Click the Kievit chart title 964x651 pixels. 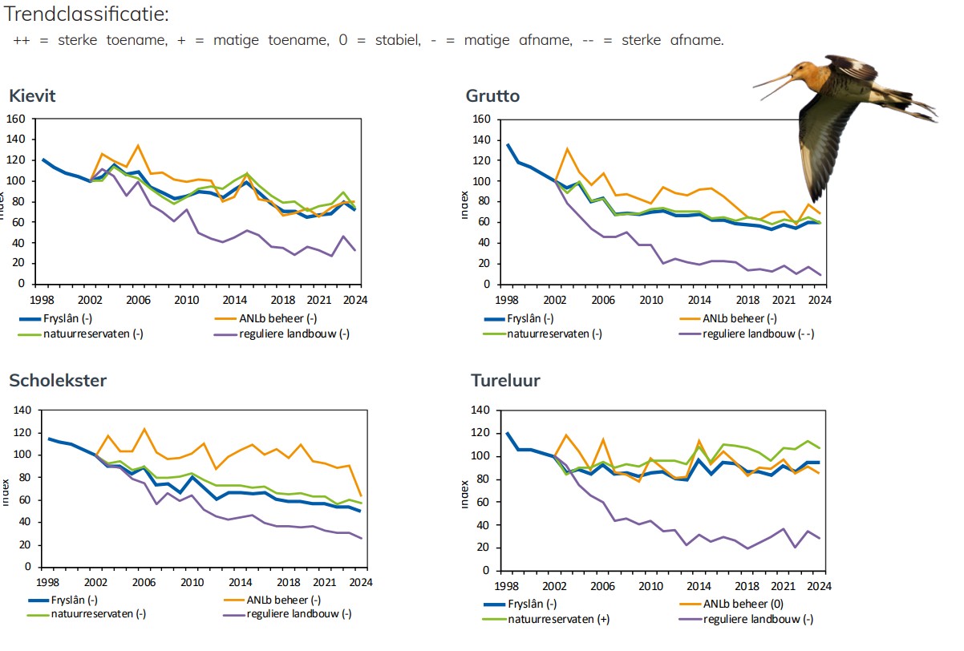tap(32, 96)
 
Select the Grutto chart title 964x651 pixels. tap(492, 96)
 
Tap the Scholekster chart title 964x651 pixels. tap(57, 380)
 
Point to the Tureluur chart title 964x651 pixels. tap(505, 380)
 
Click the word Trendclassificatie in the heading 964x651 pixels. tap(86, 14)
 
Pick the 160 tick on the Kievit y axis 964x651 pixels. tap(16, 119)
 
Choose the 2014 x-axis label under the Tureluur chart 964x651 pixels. tap(700, 587)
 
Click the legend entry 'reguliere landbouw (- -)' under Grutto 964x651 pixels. tap(757, 334)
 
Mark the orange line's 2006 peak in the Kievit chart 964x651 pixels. tap(138, 145)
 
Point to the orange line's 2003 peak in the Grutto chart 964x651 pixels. tap(567, 148)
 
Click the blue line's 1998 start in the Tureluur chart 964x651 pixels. tap(508, 433)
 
